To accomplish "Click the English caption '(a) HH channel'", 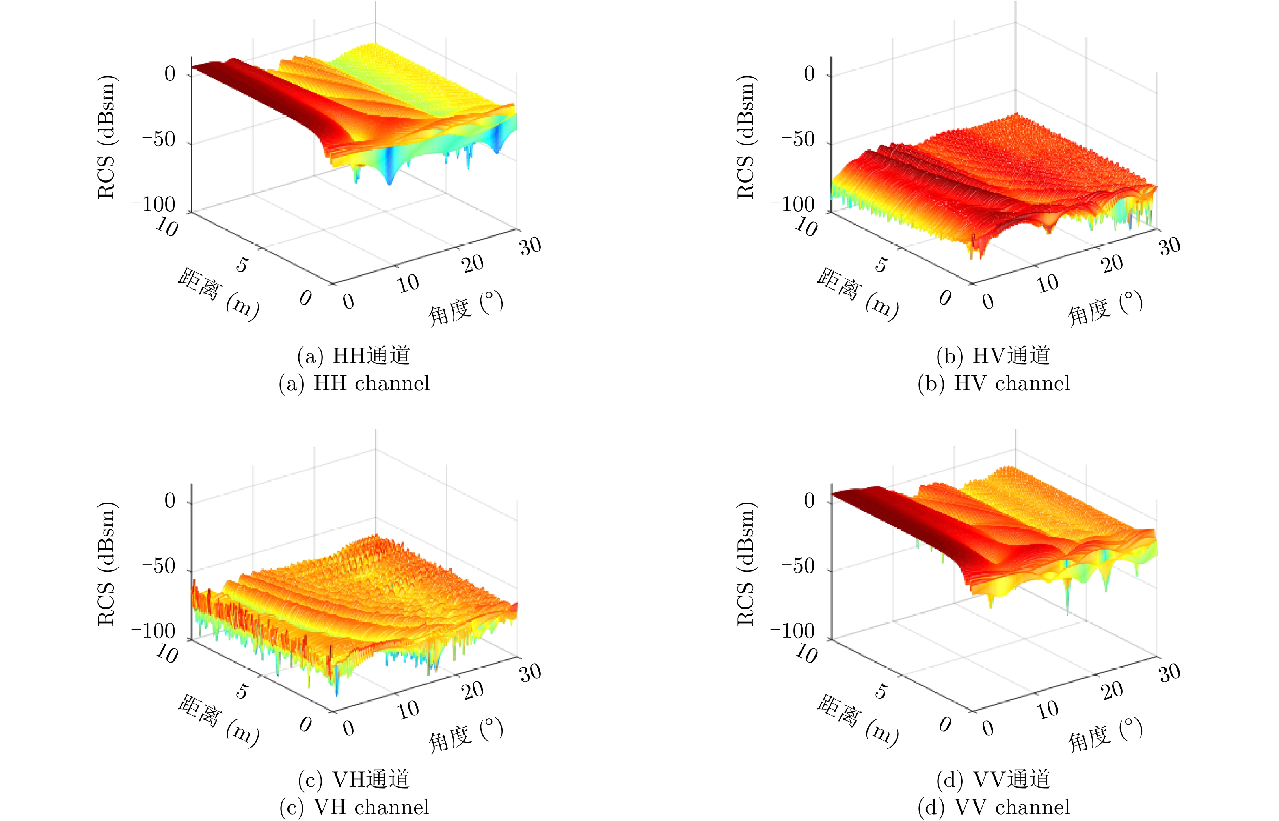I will (354, 383).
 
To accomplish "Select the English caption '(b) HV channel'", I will (994, 383).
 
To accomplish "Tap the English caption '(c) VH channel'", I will (354, 807).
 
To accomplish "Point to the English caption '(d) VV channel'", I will (994, 807).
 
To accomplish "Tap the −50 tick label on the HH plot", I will (158, 140).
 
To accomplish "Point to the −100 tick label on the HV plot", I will (793, 205).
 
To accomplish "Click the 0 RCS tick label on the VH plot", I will (170, 501).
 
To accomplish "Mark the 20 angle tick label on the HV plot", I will (1112, 264).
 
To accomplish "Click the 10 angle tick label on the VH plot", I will (408, 710).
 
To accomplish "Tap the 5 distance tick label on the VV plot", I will (881, 691).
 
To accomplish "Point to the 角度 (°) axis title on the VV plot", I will (1105, 735).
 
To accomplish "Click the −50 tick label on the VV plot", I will (798, 566).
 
